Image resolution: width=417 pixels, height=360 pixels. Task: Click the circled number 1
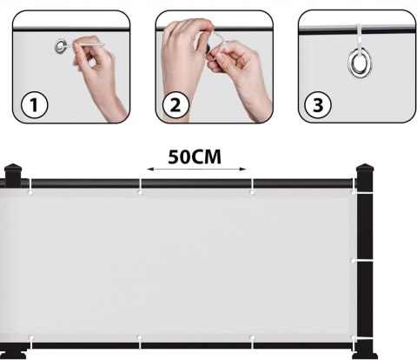pyautogui.click(x=34, y=104)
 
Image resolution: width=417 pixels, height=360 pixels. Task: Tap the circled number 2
pyautogui.click(x=175, y=104)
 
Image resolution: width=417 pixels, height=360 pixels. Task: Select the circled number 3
pyautogui.click(x=318, y=104)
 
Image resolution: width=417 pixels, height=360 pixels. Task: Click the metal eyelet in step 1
pyautogui.click(x=61, y=46)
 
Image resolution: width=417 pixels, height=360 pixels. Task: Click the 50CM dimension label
pyautogui.click(x=195, y=157)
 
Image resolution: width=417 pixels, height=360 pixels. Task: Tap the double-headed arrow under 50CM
pyautogui.click(x=196, y=170)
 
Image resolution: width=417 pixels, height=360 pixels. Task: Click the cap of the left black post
pyautogui.click(x=13, y=170)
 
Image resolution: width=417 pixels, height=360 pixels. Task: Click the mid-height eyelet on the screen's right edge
pyautogui.click(x=354, y=261)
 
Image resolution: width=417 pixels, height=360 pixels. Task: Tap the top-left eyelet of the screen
pyautogui.click(x=30, y=192)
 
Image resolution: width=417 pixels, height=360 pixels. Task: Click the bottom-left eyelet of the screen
pyautogui.click(x=31, y=337)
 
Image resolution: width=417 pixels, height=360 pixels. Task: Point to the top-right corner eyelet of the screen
pyautogui.click(x=353, y=192)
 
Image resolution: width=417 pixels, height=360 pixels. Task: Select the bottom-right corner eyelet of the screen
pyautogui.click(x=353, y=338)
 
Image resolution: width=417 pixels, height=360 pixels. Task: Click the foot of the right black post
pyautogui.click(x=365, y=354)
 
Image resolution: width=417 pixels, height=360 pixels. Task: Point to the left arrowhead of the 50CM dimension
pyautogui.click(x=149, y=170)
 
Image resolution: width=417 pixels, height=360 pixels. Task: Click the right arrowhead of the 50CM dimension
pyautogui.click(x=243, y=170)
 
